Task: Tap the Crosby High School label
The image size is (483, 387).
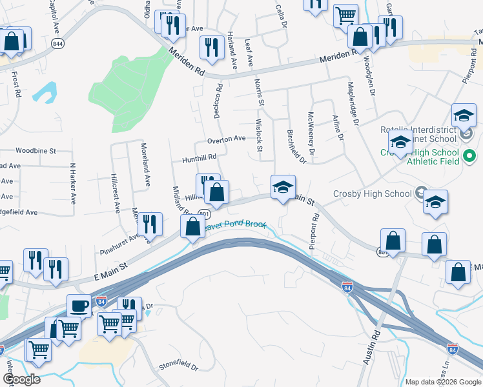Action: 372,193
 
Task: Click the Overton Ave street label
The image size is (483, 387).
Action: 227,139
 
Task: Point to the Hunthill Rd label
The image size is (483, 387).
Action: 199,157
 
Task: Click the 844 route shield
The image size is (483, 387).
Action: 59,44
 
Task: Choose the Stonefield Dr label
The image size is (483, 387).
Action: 178,366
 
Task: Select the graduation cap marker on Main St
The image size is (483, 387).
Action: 283,186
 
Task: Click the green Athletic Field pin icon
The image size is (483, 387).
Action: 470,156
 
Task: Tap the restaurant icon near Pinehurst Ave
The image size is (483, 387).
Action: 150,224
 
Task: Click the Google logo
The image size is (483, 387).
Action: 21,379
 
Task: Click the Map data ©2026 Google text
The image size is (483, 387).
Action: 443,382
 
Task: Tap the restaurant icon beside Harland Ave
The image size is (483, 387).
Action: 211,47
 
